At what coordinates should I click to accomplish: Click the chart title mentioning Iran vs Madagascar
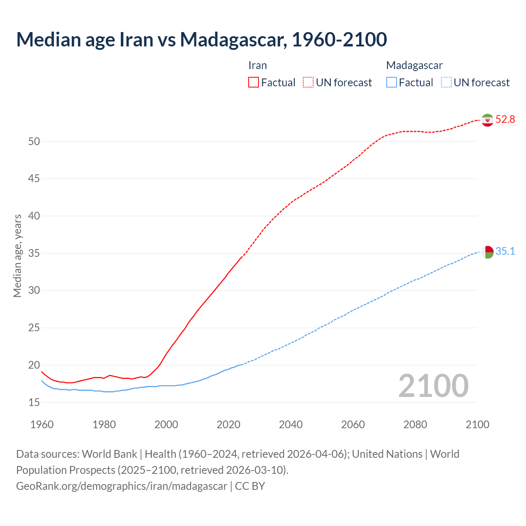click(x=201, y=40)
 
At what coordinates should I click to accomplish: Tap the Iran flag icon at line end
click(x=487, y=120)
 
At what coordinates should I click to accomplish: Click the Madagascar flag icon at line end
click(x=487, y=252)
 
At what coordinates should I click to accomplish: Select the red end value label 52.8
click(x=505, y=120)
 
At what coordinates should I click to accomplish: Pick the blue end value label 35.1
click(x=505, y=251)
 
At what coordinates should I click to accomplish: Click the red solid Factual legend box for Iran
click(x=254, y=83)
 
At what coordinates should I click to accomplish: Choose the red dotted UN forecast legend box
click(x=308, y=83)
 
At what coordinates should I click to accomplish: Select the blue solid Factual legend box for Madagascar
click(x=392, y=83)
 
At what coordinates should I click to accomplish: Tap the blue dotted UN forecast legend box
click(x=446, y=83)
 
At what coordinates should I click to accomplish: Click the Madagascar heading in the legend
click(x=414, y=65)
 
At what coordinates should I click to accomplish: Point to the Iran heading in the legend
click(x=258, y=65)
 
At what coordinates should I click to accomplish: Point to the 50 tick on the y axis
click(x=34, y=141)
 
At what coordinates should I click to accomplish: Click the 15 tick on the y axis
click(x=34, y=402)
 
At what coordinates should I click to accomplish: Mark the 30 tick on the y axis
click(x=34, y=291)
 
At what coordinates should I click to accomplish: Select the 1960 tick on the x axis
click(x=42, y=424)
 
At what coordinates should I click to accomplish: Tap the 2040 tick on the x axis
click(x=291, y=424)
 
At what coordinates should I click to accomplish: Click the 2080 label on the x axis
click(x=415, y=424)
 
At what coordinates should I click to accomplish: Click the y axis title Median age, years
click(x=17, y=256)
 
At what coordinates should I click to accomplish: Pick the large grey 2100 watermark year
click(x=433, y=386)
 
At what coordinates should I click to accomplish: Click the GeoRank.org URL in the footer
click(x=122, y=486)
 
